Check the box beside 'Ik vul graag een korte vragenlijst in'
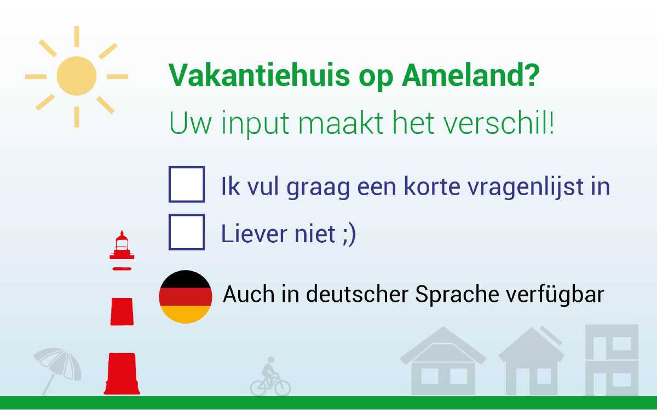[x=186, y=185]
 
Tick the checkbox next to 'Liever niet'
[x=186, y=232]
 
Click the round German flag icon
[x=186, y=296]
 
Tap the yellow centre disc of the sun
[x=77, y=76]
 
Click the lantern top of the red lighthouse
[x=122, y=245]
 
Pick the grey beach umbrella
[x=57, y=366]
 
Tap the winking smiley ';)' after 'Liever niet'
[x=349, y=235]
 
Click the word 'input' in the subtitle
[x=255, y=125]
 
